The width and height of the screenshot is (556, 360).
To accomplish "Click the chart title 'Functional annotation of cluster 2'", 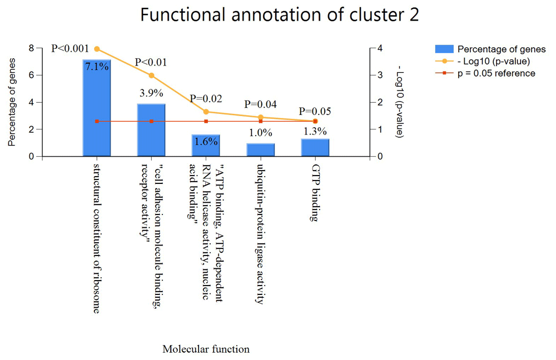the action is [280, 15].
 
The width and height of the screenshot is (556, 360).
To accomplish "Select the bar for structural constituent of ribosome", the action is [97, 108].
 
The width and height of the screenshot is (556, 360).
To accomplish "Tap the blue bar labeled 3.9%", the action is [151, 130].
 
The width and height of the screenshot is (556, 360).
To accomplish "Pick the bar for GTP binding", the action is [315, 147].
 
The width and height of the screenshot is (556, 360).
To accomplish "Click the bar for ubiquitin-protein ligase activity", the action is [261, 150].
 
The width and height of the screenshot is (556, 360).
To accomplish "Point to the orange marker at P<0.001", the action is [97, 49].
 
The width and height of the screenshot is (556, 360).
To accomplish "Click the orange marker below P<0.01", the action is [151, 76].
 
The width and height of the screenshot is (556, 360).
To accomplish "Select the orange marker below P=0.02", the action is [206, 112].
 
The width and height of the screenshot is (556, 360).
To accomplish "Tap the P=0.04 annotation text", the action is [261, 104].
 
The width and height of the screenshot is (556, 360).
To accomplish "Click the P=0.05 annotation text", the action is [315, 111].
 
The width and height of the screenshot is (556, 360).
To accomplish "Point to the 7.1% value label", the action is [97, 66].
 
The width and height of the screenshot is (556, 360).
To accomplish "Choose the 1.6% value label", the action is [206, 141].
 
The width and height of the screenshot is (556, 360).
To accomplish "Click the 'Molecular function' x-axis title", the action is [206, 349].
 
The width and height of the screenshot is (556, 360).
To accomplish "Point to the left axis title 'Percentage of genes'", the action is [12, 102].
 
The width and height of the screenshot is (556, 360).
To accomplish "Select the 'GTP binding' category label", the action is [315, 193].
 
